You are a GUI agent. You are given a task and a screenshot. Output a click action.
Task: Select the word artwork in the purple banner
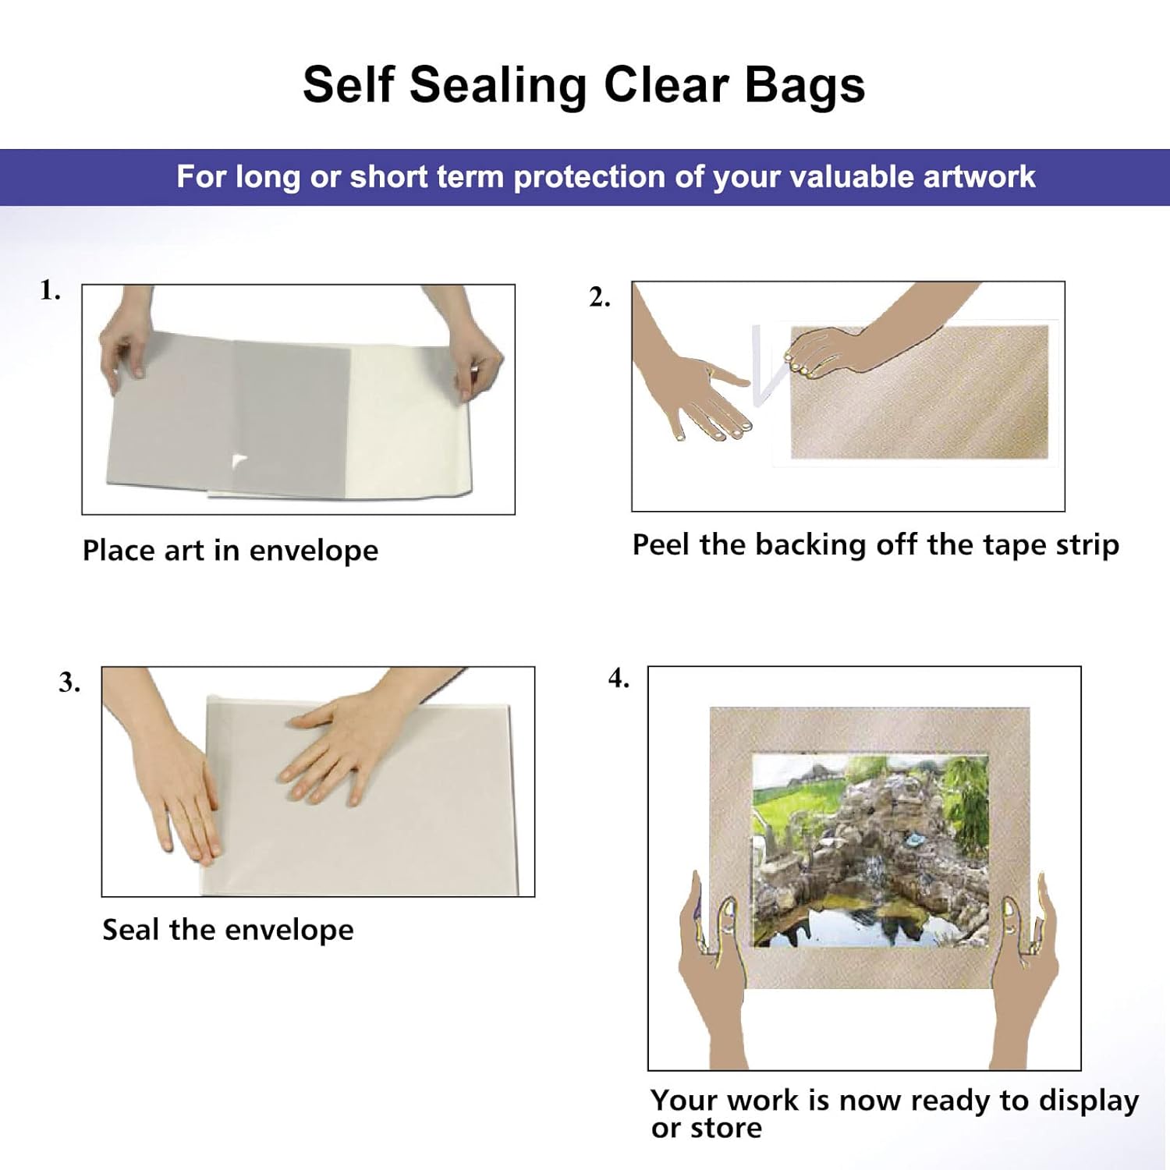coord(979,177)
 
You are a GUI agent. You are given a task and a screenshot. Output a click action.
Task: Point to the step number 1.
coord(50,291)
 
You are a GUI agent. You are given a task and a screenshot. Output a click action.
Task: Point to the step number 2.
coord(599,298)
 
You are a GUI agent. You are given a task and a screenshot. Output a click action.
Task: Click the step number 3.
coord(69,683)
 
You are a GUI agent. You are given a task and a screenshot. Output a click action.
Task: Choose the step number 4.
coord(619,679)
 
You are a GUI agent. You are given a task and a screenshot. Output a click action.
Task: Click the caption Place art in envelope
coord(230,551)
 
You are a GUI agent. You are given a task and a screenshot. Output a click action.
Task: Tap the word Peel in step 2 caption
coord(661,544)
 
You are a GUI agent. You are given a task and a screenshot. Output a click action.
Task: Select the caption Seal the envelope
coord(228,930)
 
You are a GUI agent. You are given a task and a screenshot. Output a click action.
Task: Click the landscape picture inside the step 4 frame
coord(869,850)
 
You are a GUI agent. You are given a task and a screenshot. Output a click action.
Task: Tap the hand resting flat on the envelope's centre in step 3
coord(335,749)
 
